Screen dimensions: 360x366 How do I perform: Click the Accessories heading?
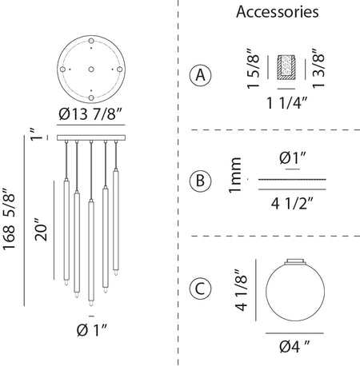coord(278,12)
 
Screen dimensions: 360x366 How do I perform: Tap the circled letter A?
coord(200,75)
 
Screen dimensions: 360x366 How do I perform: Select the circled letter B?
coord(200,181)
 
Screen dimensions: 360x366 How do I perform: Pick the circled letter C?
coord(200,288)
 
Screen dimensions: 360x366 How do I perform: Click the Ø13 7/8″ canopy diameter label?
coord(90,114)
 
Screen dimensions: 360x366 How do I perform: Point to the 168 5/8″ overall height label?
coord(9,219)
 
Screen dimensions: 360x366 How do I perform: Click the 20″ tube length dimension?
coord(41,229)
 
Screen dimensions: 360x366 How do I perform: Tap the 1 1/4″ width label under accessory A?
coord(287,103)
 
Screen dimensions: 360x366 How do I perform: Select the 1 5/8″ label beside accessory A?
coord(253,69)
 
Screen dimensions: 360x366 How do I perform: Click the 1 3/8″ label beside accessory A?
coord(318,69)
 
